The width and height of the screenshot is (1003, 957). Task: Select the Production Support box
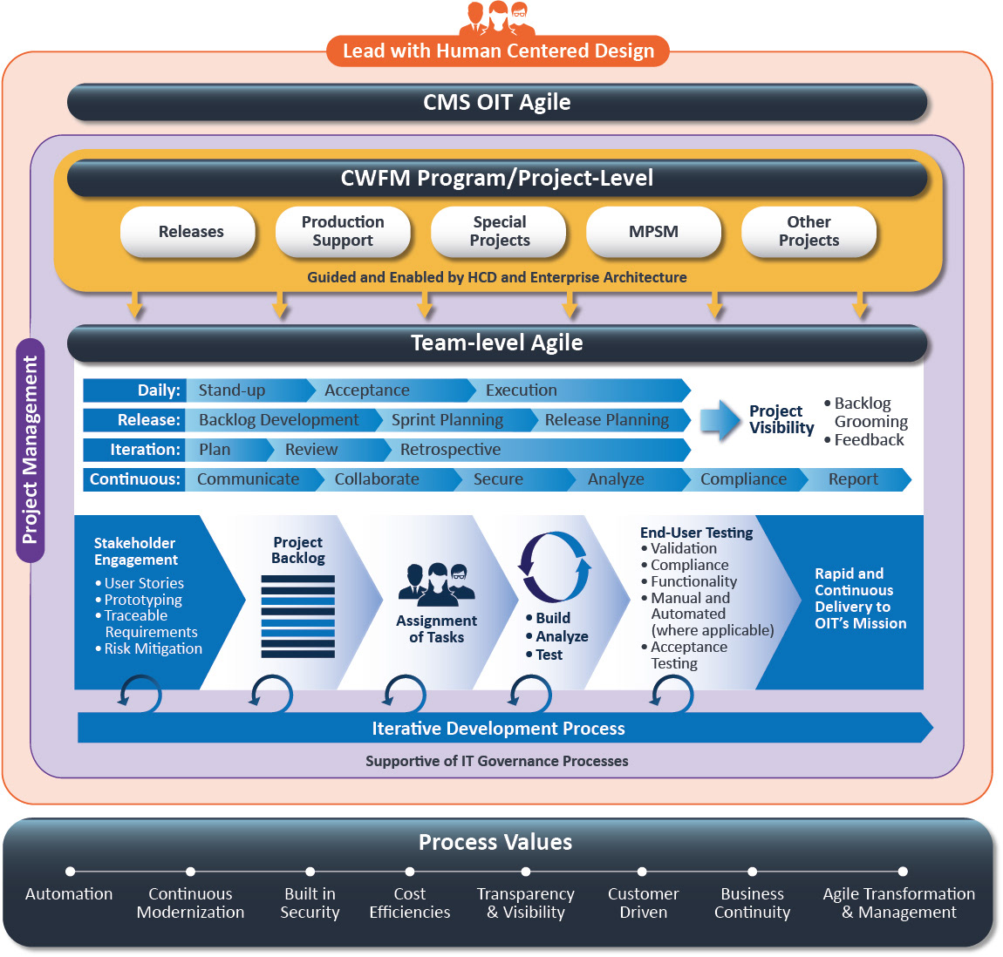click(343, 232)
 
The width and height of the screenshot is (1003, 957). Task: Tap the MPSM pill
click(653, 232)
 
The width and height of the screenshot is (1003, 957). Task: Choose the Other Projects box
click(809, 232)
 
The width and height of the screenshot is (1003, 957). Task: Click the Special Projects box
click(499, 232)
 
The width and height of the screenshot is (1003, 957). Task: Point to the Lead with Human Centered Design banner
click(498, 51)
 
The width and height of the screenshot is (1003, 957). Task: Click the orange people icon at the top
click(498, 17)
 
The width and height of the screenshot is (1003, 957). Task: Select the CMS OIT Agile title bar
click(497, 103)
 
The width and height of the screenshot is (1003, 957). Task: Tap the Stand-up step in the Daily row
click(232, 390)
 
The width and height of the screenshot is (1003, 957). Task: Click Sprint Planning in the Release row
click(447, 420)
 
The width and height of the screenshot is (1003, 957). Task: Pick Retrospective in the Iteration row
click(451, 450)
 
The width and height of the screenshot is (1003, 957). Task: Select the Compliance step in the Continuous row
click(743, 479)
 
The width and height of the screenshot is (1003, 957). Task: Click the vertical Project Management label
click(31, 450)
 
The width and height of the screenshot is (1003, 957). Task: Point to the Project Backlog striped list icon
click(297, 616)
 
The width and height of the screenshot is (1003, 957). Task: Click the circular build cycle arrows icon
click(555, 567)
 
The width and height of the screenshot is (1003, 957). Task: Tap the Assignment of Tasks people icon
click(436, 585)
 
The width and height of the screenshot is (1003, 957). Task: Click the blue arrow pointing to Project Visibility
click(720, 420)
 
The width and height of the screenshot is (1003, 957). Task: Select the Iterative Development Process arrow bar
click(499, 729)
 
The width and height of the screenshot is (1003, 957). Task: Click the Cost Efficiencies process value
click(410, 903)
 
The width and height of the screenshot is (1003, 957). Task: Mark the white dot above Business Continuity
click(752, 872)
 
